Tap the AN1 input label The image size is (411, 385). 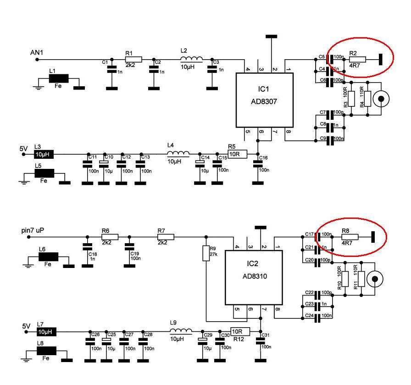[36, 52]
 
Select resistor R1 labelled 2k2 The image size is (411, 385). [133, 59]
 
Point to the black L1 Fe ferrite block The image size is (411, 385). [58, 78]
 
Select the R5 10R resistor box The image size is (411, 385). [237, 154]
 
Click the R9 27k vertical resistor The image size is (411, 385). [205, 253]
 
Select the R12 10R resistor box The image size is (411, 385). [239, 331]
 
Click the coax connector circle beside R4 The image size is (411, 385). [381, 98]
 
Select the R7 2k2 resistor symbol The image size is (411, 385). [166, 237]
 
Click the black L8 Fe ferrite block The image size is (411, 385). [46, 351]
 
